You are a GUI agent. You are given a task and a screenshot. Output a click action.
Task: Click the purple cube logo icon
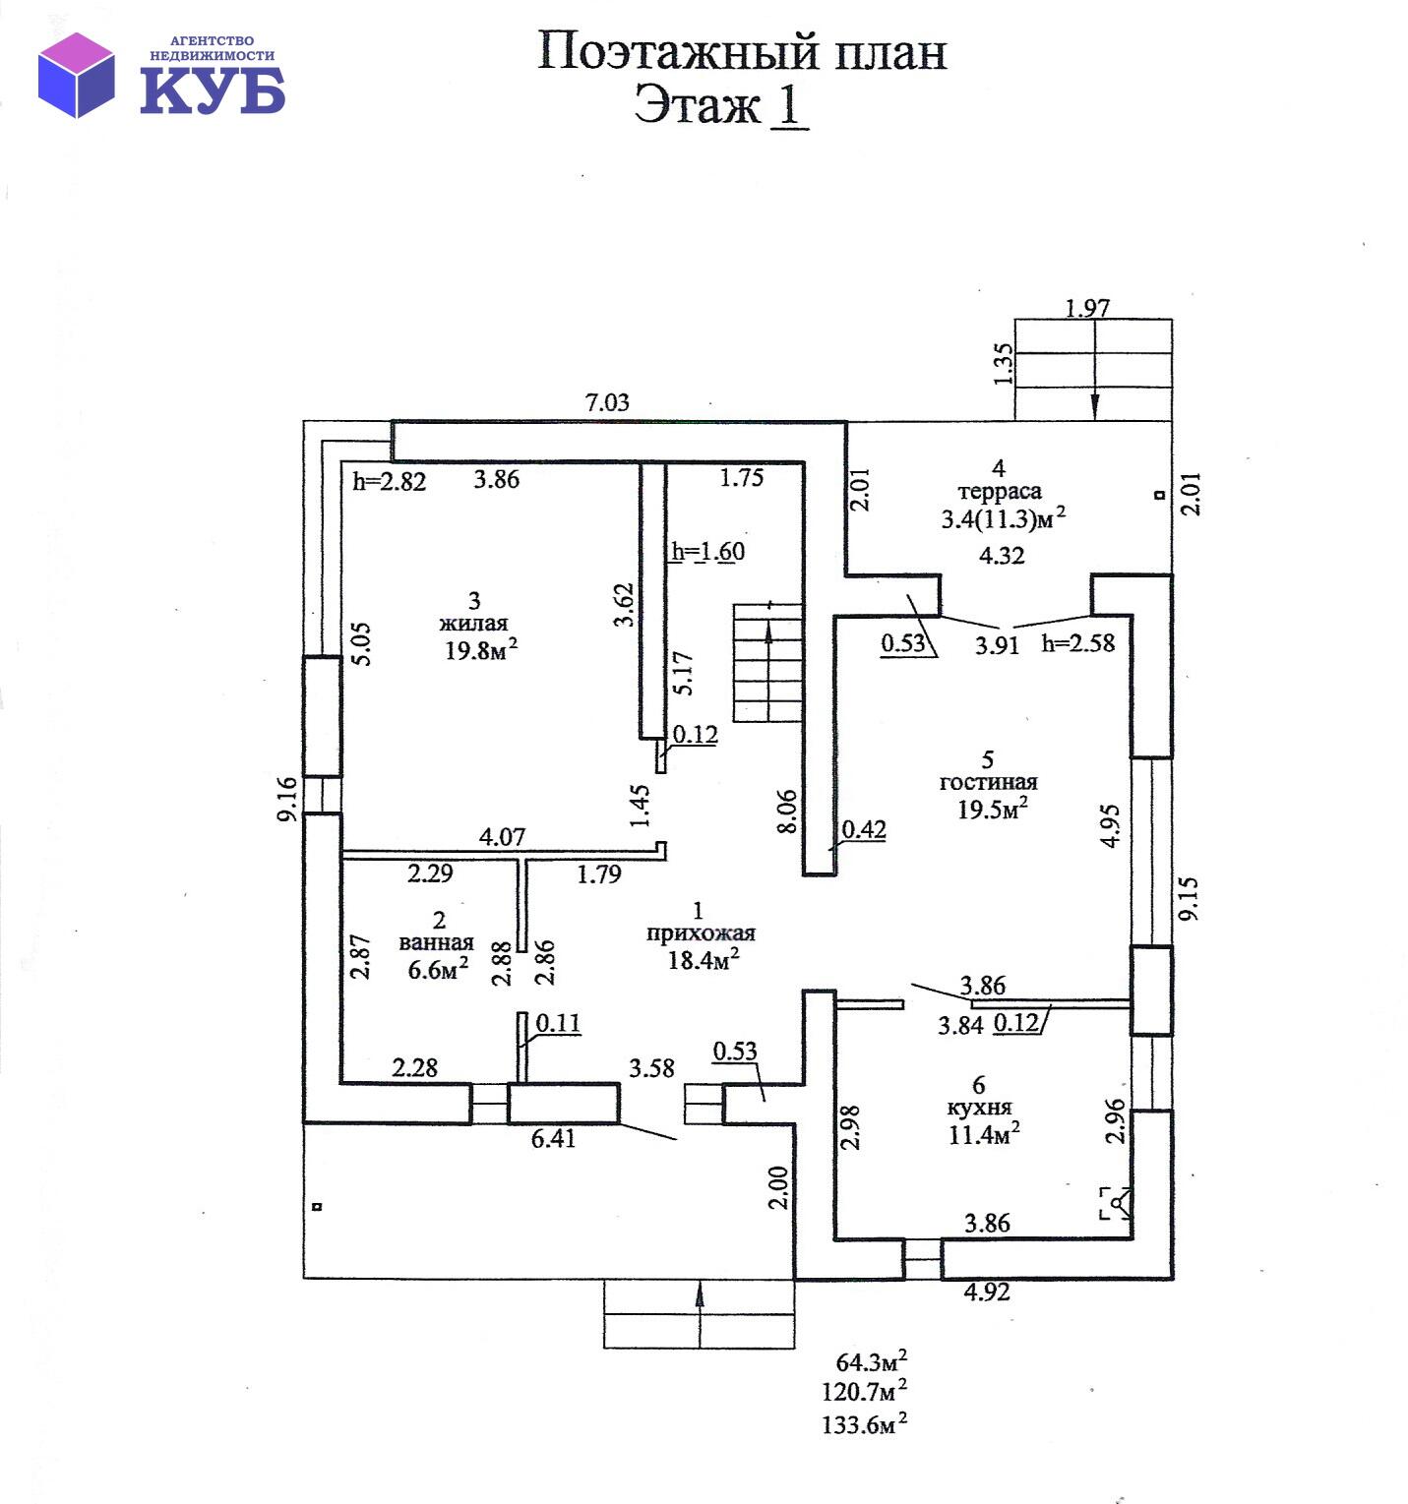click(x=77, y=75)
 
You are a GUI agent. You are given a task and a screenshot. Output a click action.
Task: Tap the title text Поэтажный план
click(x=741, y=52)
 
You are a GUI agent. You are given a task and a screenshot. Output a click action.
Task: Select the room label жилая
click(x=473, y=623)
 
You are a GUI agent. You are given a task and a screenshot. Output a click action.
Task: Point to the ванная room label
click(x=436, y=942)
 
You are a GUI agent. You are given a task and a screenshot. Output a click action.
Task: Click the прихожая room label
click(x=701, y=933)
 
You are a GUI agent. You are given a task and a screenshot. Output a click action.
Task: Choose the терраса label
click(x=1000, y=491)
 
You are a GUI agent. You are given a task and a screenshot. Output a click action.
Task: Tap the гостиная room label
click(x=988, y=782)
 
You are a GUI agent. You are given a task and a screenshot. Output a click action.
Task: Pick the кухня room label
click(x=979, y=1108)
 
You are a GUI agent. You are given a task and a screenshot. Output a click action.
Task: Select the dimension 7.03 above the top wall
click(x=606, y=402)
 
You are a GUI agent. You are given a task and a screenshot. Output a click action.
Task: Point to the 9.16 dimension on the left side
click(x=287, y=799)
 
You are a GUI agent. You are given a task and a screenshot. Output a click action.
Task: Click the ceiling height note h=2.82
click(x=390, y=481)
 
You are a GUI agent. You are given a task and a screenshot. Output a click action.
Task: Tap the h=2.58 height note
click(x=1078, y=643)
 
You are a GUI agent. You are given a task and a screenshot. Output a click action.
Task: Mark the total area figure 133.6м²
click(x=864, y=1423)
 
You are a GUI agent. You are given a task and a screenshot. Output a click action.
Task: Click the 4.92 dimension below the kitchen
click(x=986, y=1292)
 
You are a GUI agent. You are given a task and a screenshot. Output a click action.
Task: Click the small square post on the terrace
click(x=1159, y=496)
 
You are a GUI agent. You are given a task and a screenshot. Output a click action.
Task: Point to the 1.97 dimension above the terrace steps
click(x=1087, y=308)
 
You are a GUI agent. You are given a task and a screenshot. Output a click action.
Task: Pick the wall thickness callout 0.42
click(x=864, y=829)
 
